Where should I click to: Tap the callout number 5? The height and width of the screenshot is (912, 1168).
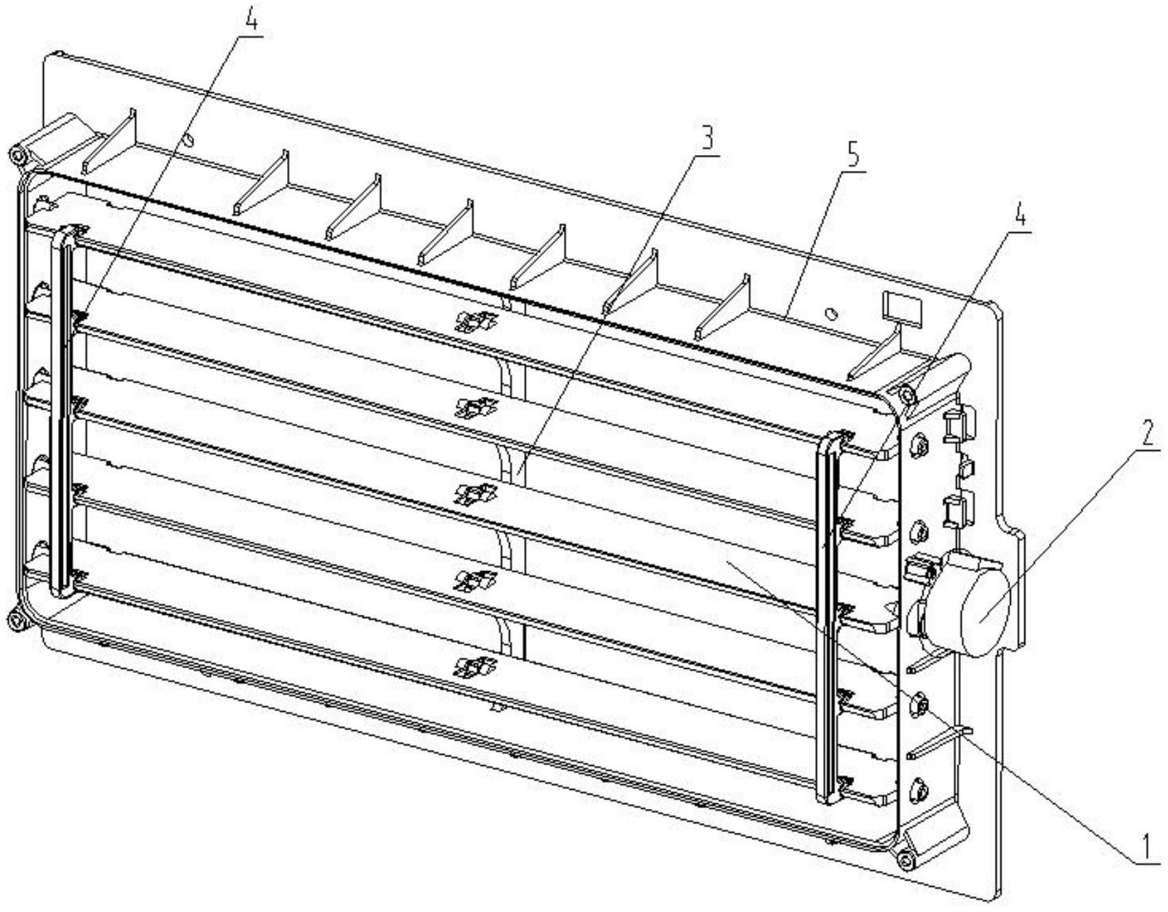tap(853, 156)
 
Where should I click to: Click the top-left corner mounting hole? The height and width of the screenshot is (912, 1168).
tap(15, 154)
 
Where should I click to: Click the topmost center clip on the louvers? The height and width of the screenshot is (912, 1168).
tap(476, 320)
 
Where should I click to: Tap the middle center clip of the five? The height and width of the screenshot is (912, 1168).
tap(476, 493)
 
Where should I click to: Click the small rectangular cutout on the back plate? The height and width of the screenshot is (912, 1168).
tap(901, 307)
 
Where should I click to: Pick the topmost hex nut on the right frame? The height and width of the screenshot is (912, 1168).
tap(920, 446)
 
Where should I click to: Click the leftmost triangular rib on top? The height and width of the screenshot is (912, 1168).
tap(109, 141)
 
